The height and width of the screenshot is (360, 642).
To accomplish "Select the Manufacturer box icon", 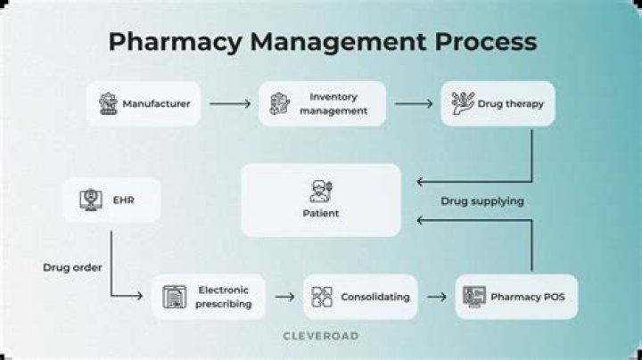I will click(109, 103).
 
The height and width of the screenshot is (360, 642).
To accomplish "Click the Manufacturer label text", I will click(156, 104).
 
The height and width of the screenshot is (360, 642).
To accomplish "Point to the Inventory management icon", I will click(279, 103).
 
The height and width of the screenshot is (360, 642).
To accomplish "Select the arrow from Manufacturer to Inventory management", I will click(230, 104).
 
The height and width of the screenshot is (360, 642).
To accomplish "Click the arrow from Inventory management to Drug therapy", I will click(414, 104).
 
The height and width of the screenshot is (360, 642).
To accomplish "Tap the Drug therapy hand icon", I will click(462, 103).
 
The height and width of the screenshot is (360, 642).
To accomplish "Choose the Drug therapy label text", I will click(510, 104).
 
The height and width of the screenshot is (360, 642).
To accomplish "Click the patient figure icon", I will click(320, 191).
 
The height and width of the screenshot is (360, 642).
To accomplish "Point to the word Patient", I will click(321, 214).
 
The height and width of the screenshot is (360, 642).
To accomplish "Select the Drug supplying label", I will click(482, 201).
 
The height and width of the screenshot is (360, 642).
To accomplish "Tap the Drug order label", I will click(70, 267).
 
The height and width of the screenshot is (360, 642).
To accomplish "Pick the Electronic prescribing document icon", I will click(174, 297).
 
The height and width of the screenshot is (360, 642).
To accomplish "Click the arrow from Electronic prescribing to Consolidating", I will click(284, 297).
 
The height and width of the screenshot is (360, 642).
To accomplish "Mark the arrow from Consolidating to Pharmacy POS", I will click(437, 297).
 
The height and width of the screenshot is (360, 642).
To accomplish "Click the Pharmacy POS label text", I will click(528, 297).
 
